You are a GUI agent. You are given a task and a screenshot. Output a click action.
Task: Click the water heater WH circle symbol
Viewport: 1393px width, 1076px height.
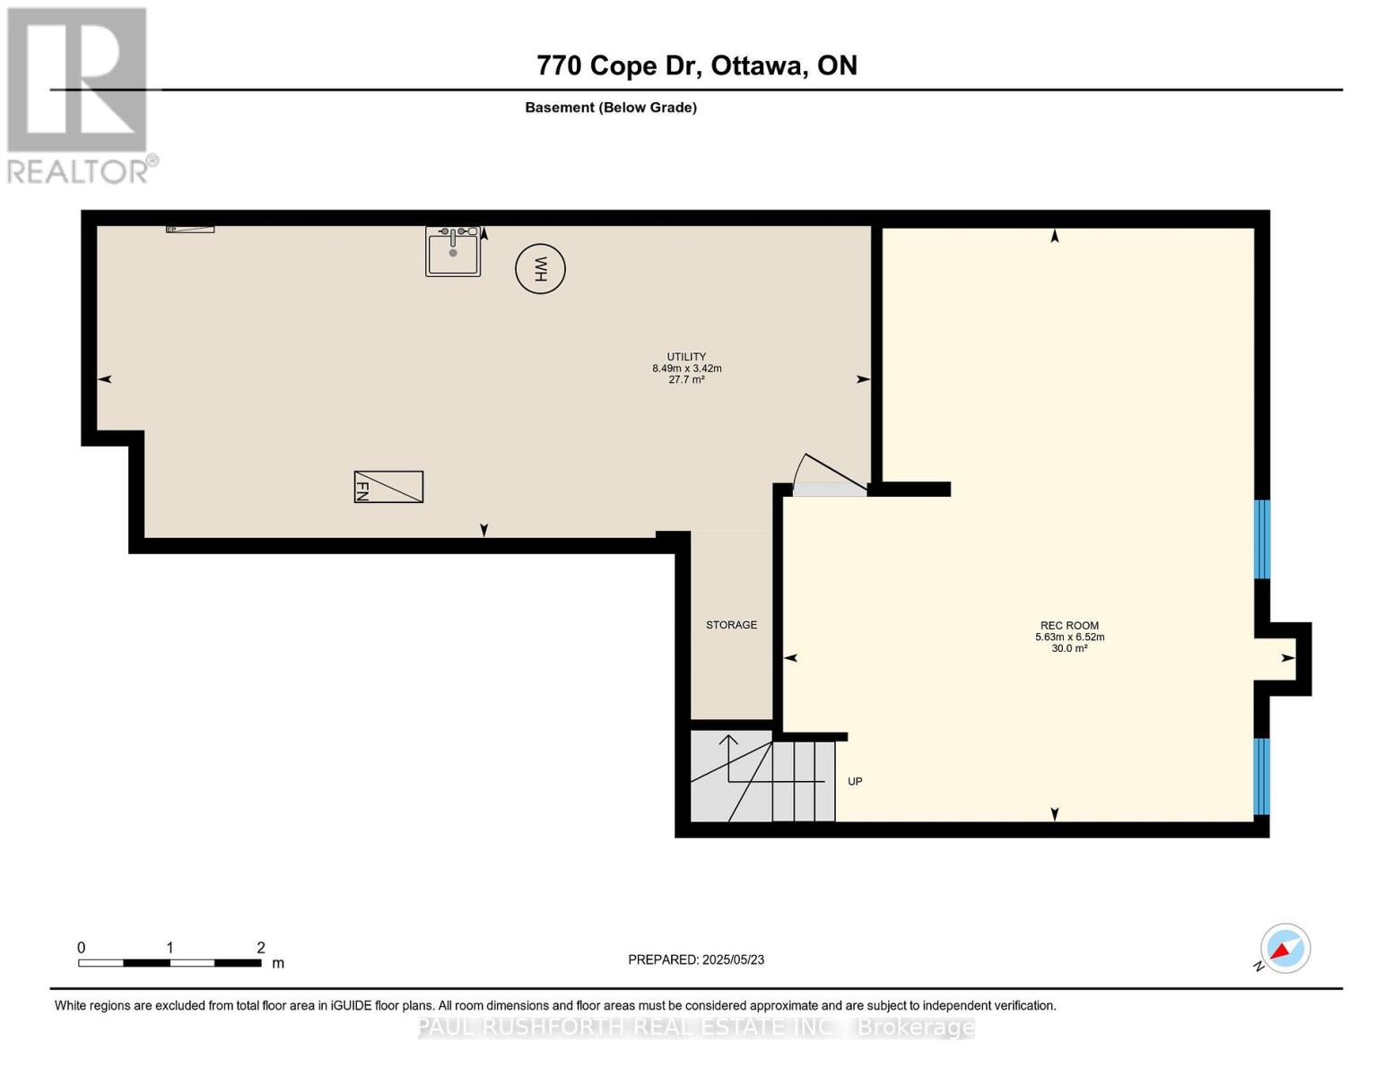(x=540, y=269)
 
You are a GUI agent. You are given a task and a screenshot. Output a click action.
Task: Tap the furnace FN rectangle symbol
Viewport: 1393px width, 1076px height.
(x=388, y=487)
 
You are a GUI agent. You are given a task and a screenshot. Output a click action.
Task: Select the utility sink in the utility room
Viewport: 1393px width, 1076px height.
(x=453, y=252)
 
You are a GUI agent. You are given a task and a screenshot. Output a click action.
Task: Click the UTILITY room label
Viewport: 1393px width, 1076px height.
(x=686, y=356)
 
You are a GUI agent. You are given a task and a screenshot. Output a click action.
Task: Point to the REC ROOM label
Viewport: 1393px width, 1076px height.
(x=1069, y=626)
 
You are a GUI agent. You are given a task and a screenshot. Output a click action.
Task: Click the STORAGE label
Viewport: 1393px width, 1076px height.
(x=731, y=625)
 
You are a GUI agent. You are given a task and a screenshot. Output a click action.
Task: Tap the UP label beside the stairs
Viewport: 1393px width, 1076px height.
(x=855, y=782)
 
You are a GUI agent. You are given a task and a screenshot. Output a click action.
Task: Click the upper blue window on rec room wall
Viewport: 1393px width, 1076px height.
(x=1261, y=539)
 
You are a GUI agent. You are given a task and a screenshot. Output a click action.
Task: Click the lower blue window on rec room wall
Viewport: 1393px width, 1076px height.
(x=1261, y=776)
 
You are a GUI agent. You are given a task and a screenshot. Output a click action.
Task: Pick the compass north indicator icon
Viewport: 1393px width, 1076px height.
(x=1284, y=949)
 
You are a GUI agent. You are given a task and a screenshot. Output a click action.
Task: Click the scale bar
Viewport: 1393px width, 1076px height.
(x=170, y=963)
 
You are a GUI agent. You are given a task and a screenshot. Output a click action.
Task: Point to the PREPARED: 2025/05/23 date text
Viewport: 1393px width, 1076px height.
(x=696, y=959)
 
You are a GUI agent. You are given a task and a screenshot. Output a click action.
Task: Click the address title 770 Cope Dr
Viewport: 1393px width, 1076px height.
(x=696, y=65)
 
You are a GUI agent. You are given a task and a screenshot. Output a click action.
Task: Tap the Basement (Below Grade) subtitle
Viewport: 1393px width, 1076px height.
(x=611, y=108)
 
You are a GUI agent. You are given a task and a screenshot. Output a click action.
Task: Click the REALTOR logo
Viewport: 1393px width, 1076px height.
(x=79, y=95)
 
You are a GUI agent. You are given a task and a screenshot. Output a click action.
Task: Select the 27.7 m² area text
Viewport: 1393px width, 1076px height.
(x=686, y=380)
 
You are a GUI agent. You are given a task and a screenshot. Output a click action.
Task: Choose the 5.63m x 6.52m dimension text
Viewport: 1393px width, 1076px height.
(x=1069, y=638)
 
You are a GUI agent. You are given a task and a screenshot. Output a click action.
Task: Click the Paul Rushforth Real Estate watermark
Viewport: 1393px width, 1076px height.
(x=696, y=1028)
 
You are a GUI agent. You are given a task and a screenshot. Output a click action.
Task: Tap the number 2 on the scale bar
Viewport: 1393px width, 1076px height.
(x=261, y=948)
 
